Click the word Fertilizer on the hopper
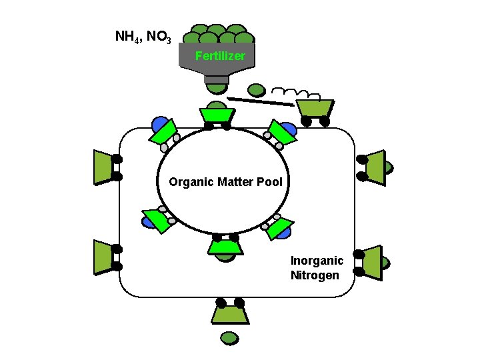click(220, 56)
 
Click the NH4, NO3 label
click(143, 36)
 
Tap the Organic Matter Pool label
click(225, 181)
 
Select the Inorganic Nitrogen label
click(317, 267)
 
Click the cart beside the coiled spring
click(315, 108)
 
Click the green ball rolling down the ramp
click(256, 89)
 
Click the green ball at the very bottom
click(229, 337)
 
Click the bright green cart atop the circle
click(217, 115)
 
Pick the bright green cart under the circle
click(225, 247)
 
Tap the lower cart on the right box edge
click(371, 261)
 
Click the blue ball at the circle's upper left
click(159, 124)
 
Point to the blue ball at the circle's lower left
click(149, 222)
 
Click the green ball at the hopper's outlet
click(216, 87)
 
